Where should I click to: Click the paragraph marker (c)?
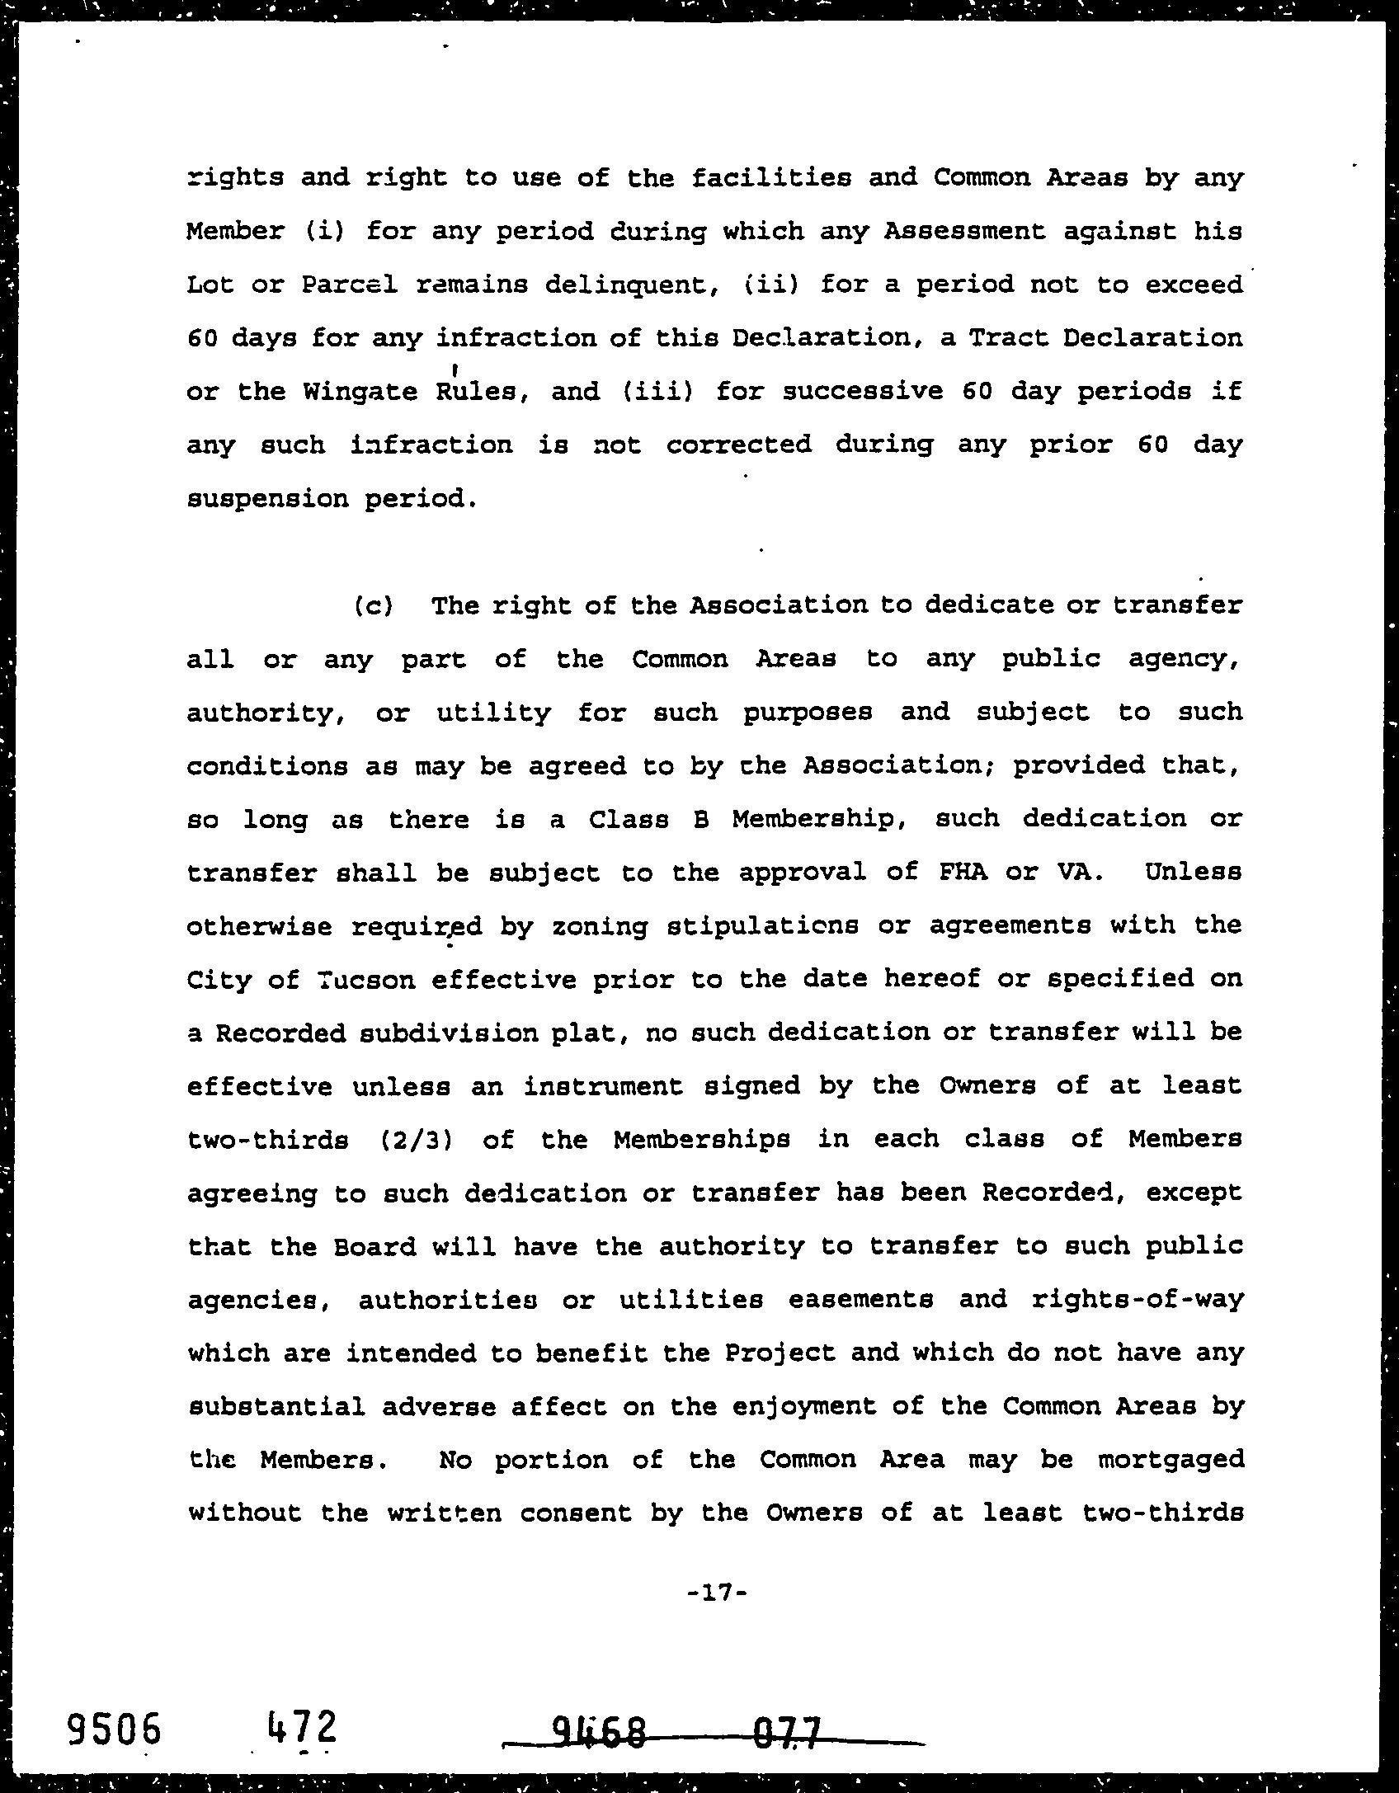[x=373, y=606]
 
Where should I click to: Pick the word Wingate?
[x=360, y=392]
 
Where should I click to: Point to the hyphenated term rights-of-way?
[x=1137, y=1300]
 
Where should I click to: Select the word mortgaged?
[x=1171, y=1460]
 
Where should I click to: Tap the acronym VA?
[x=1081, y=873]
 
